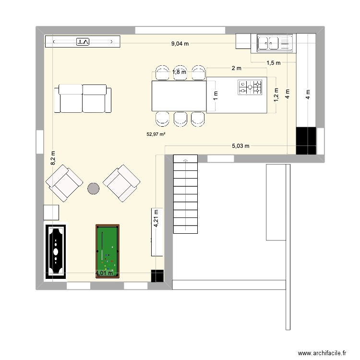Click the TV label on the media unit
click(83, 42)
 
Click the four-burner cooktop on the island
click(251, 87)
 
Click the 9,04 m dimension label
click(180, 44)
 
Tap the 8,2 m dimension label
click(53, 158)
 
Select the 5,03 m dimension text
click(240, 146)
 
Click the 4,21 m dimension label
click(156, 219)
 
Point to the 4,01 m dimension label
click(105, 274)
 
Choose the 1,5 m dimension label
click(273, 62)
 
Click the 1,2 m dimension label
click(276, 93)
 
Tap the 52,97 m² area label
click(156, 135)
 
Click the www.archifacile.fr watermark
click(322, 352)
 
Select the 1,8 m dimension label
click(179, 72)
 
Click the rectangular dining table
click(179, 96)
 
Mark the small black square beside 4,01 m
click(157, 276)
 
